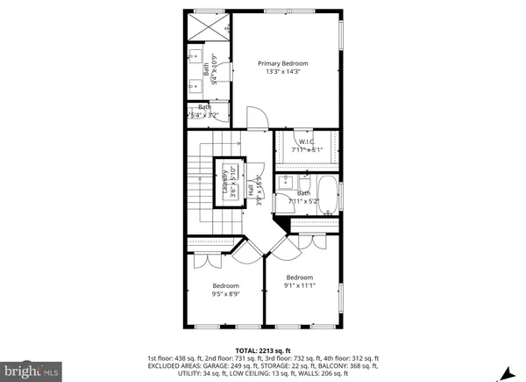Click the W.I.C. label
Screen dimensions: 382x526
(307, 141)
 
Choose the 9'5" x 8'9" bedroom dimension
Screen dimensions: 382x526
(225, 294)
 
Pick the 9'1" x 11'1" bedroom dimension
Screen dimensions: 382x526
(299, 285)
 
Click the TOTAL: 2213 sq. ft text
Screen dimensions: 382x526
(263, 350)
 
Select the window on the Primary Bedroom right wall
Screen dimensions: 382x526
(342, 69)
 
